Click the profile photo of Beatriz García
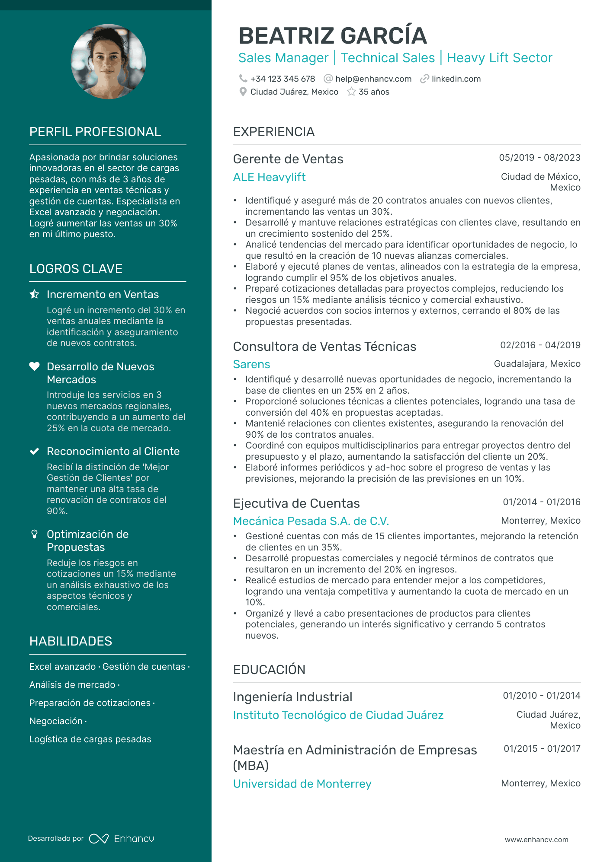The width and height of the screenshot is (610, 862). (x=108, y=61)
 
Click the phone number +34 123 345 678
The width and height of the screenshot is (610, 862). (x=283, y=79)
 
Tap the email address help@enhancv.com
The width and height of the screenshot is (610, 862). (x=373, y=79)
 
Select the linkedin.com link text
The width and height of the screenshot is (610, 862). (x=456, y=79)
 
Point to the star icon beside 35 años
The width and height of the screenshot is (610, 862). (x=351, y=92)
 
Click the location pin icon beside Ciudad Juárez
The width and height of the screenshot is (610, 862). (x=243, y=92)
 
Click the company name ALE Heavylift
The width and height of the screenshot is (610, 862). (x=269, y=177)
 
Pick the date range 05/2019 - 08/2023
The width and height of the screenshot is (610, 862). (x=539, y=158)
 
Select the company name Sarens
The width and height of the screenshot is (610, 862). (x=251, y=364)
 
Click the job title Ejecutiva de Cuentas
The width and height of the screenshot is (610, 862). (x=296, y=503)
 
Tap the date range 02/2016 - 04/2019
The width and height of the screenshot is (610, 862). (x=540, y=345)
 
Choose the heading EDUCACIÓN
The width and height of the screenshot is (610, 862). (x=269, y=670)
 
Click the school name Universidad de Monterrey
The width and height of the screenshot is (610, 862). (x=302, y=784)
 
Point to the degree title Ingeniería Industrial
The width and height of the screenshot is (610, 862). (x=292, y=697)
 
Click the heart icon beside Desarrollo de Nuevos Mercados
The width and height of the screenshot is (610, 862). (x=34, y=366)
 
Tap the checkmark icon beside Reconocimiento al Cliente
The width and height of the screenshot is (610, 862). (x=34, y=452)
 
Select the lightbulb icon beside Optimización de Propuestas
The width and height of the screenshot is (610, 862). (x=34, y=534)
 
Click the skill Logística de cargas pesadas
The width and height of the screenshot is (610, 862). (x=90, y=739)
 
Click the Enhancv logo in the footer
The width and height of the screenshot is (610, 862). (x=122, y=839)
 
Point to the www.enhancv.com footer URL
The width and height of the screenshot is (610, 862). (x=536, y=840)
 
